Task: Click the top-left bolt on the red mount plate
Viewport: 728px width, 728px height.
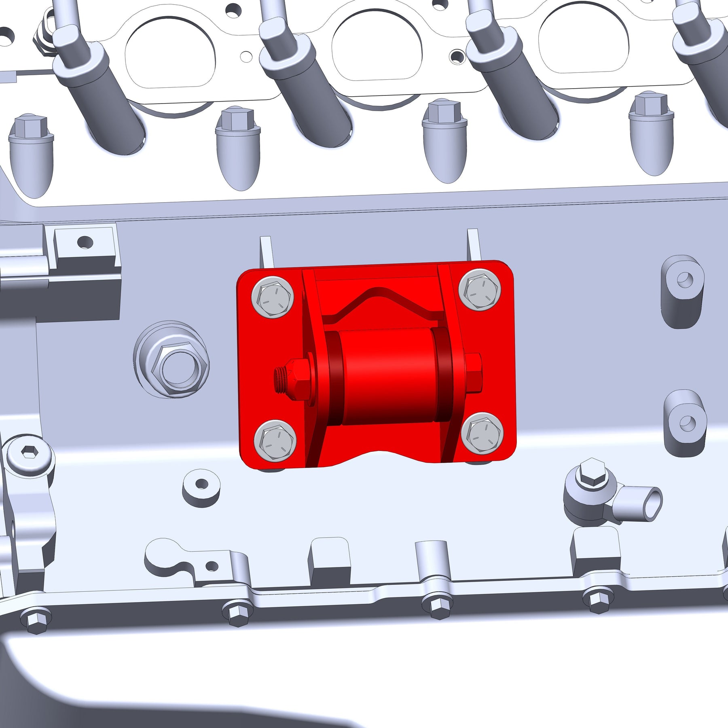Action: [272, 297]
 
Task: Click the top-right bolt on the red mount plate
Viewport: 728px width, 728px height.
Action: [480, 290]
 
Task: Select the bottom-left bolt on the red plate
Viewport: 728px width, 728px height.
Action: [275, 440]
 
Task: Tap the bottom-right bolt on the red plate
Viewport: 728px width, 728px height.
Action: [482, 433]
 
